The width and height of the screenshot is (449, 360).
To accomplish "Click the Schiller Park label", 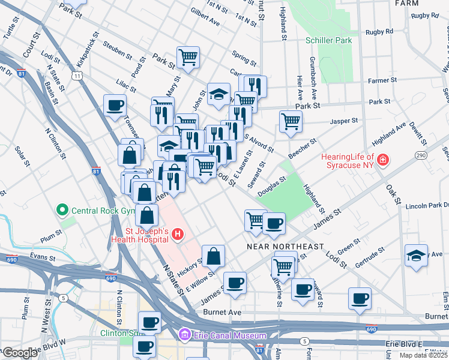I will tap(328, 40).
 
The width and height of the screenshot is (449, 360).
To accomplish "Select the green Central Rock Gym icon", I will tap(62, 210).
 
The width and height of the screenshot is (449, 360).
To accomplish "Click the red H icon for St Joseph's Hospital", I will tap(177, 234).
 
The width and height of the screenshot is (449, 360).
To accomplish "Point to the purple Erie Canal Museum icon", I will tap(185, 335).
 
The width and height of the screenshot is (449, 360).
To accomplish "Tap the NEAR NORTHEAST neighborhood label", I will tap(286, 247).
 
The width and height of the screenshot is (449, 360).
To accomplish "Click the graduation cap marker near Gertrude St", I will tap(416, 254).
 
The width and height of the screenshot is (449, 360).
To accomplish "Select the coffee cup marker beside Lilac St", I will tap(115, 106).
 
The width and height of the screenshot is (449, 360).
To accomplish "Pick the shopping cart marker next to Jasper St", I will tap(291, 121).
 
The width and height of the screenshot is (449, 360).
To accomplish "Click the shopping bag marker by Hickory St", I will tap(213, 256).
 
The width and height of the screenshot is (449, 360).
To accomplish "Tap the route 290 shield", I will tap(420, 155).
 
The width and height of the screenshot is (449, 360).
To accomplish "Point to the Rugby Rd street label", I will tap(381, 31).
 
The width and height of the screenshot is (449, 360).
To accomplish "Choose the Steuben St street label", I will tap(117, 50).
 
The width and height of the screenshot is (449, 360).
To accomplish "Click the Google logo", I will tap(20, 353).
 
